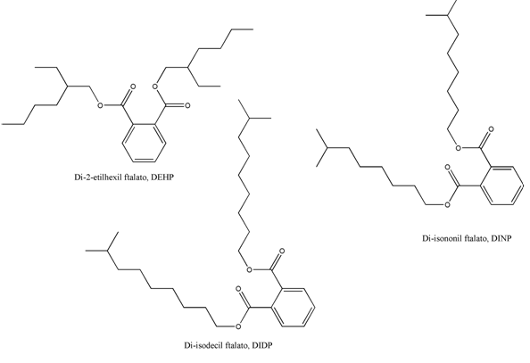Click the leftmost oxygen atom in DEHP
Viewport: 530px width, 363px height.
pyautogui.click(x=100, y=105)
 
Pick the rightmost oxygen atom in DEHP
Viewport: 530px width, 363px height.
pyautogui.click(x=187, y=105)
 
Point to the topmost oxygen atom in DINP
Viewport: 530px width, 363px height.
pyautogui.click(x=491, y=129)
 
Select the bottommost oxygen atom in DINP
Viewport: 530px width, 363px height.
pyautogui.click(x=447, y=204)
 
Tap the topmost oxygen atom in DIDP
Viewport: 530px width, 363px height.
pyautogui.click(x=282, y=252)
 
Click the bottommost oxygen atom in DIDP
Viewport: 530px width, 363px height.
pyautogui.click(x=238, y=326)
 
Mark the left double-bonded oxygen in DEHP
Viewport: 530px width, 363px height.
pyautogui.click(x=133, y=87)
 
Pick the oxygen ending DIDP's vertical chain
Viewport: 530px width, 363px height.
pyautogui.click(x=250, y=269)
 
